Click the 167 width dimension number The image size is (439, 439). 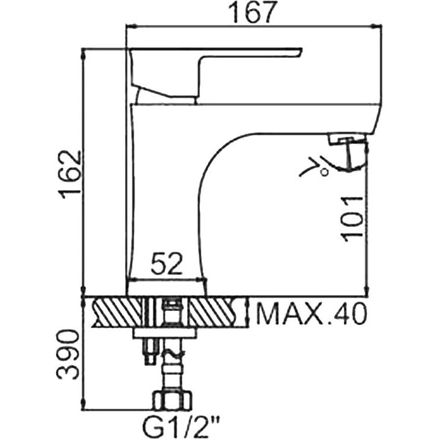click(x=251, y=12)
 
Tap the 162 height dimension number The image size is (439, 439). click(x=70, y=175)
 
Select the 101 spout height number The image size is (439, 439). click(x=352, y=219)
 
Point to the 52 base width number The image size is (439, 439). click(x=166, y=263)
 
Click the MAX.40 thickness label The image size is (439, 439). click(x=311, y=313)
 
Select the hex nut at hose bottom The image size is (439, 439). click(x=172, y=401)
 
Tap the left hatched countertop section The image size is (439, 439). click(x=118, y=312)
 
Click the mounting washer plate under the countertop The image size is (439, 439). click(x=165, y=333)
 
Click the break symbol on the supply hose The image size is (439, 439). click(x=171, y=353)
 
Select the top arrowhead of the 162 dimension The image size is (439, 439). click(x=83, y=54)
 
